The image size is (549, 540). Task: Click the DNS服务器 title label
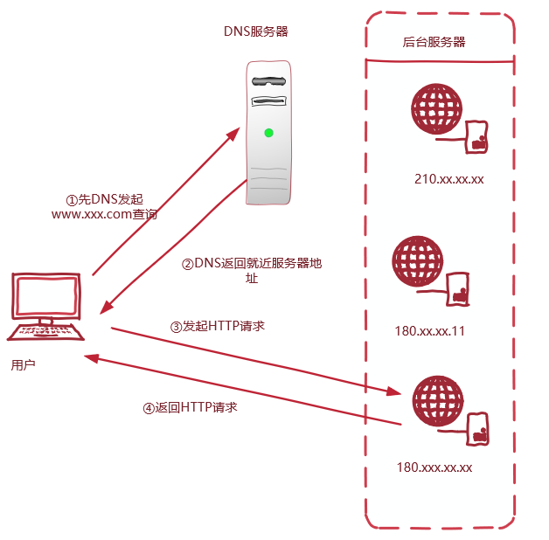click(255, 31)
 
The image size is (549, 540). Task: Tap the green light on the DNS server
click(268, 133)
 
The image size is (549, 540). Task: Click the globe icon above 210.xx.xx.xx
click(436, 109)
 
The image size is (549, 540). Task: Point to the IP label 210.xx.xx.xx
click(449, 179)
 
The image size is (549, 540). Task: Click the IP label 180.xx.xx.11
click(430, 331)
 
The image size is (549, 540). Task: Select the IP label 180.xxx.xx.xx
click(434, 467)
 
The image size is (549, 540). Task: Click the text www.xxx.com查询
click(104, 213)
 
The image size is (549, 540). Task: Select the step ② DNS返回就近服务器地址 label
click(251, 270)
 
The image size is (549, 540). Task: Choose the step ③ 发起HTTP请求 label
click(218, 325)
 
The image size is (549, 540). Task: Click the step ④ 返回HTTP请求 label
click(190, 407)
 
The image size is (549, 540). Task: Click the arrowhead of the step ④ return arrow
click(91, 357)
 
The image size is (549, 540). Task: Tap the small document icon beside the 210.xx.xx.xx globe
click(476, 136)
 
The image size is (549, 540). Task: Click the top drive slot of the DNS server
click(269, 80)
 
